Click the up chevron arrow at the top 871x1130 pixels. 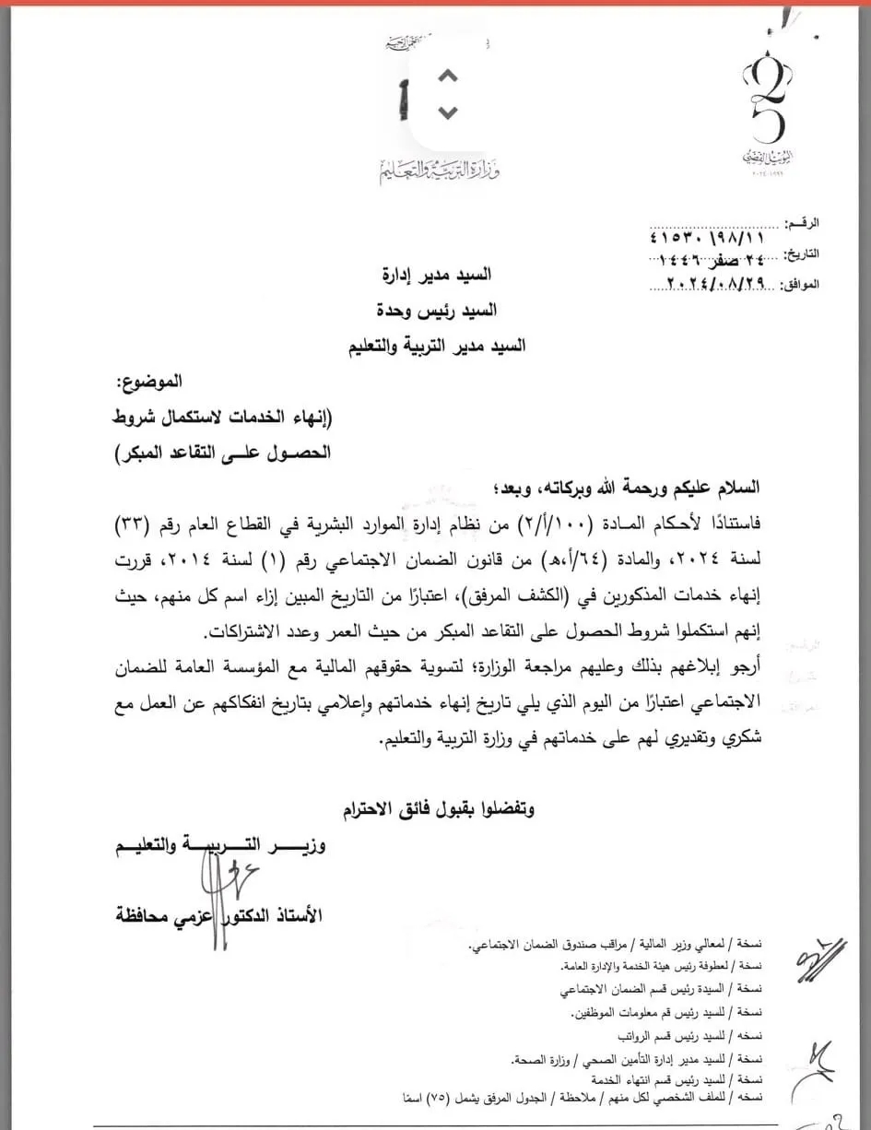coord(447,77)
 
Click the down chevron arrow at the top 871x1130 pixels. coord(447,112)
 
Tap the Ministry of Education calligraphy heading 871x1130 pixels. coord(439,170)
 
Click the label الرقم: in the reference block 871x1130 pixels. coord(801,224)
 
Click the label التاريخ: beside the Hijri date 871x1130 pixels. coord(799,253)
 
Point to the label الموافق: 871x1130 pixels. coord(798,285)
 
